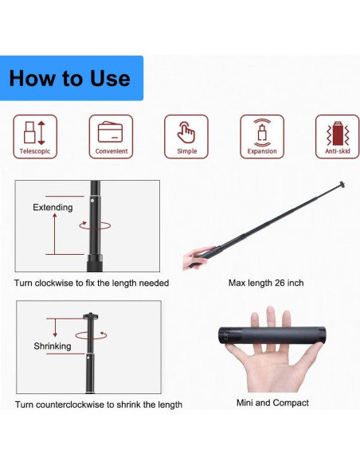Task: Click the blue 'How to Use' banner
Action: coord(72,78)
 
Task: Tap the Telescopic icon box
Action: coord(35,137)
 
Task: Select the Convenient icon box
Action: coord(111,137)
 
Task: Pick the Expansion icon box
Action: coord(262,137)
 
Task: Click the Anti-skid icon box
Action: coord(337,137)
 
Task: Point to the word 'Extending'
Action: coord(53,207)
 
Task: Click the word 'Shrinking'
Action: coord(53,346)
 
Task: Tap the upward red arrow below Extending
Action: coord(55,233)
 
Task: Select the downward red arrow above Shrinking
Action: coord(55,328)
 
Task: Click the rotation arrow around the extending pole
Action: coord(95,225)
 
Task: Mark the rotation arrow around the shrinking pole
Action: coord(91,335)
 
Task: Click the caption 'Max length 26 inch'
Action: coord(266,283)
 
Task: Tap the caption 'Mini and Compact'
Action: coord(272,403)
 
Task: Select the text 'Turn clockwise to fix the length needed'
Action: coord(92,283)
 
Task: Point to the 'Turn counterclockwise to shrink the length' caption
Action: coord(99,404)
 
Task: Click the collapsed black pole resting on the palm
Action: coord(272,335)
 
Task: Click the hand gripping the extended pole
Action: coord(198,257)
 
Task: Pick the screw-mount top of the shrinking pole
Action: coord(91,316)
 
